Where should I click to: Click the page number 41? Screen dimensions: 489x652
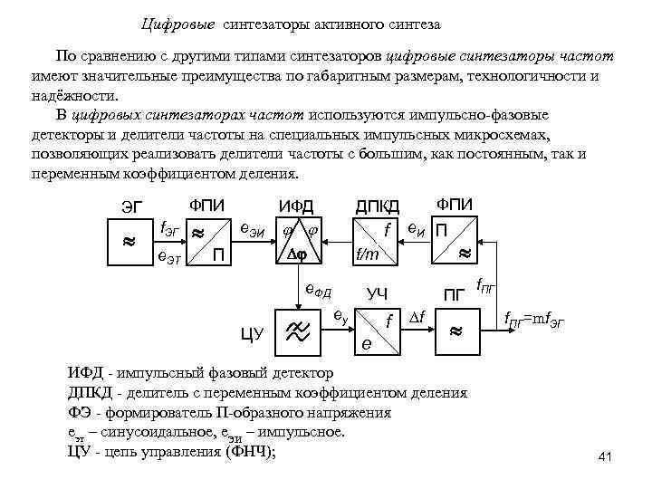tap(606, 458)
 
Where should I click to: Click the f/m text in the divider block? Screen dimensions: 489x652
tap(367, 255)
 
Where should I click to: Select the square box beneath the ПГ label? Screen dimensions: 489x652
tap(455, 331)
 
